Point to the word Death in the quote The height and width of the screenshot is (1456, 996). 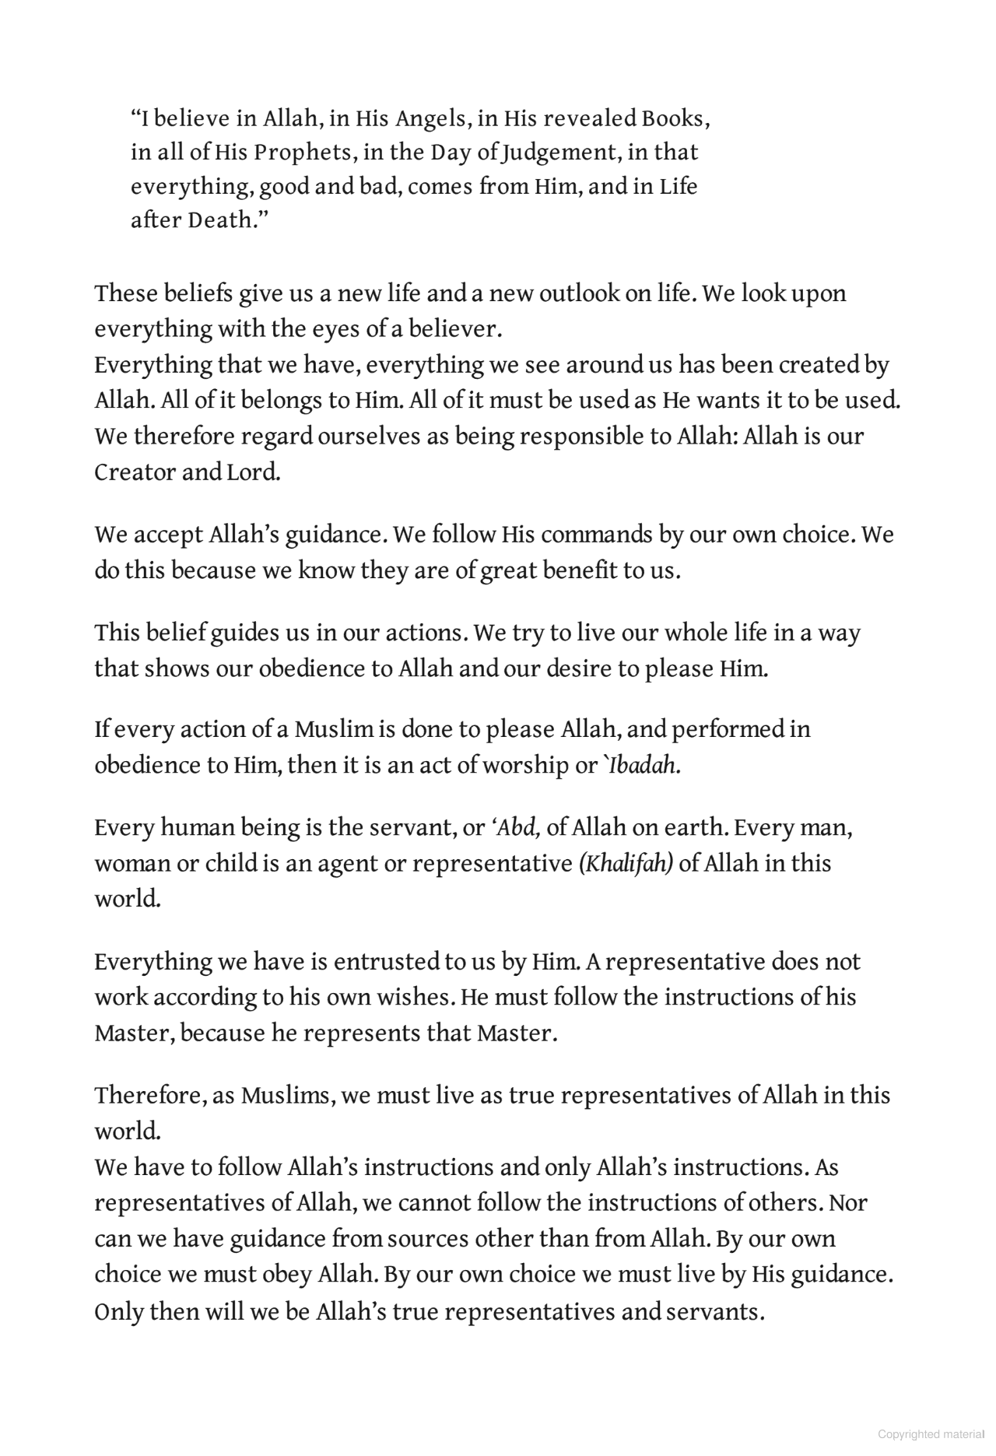point(221,220)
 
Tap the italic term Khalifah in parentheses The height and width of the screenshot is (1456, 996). point(626,864)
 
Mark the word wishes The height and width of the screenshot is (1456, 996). point(416,998)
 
